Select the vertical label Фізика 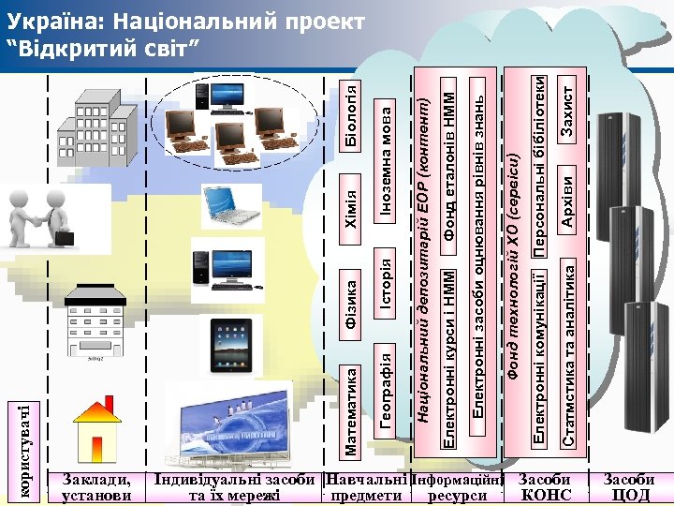[x=352, y=301]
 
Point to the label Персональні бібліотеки [x=540, y=164]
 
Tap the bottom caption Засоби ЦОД [x=629, y=487]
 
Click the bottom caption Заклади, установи [x=95, y=487]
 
